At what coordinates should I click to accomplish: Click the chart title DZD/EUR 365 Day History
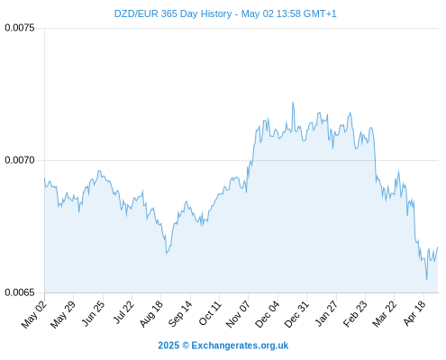173,14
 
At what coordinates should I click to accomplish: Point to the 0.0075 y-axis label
20,28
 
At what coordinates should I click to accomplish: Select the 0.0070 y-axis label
20,160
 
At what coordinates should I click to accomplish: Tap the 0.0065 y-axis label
20,292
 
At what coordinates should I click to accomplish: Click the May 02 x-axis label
34,314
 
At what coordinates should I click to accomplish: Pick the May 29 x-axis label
63,314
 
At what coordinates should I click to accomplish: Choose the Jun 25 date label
94,313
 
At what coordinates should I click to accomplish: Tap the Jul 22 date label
123,312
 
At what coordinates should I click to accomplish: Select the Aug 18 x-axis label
151,313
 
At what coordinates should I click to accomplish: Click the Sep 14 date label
180,313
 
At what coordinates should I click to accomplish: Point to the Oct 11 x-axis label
210,313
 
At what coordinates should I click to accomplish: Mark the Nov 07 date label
238,314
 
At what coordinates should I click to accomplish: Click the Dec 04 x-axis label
267,314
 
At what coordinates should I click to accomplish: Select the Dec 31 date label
296,314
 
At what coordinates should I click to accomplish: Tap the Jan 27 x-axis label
326,313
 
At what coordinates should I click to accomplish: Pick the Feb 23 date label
355,313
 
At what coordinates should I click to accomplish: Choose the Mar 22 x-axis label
384,313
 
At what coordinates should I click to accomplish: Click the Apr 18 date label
414,313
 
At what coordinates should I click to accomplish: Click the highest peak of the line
293,103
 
